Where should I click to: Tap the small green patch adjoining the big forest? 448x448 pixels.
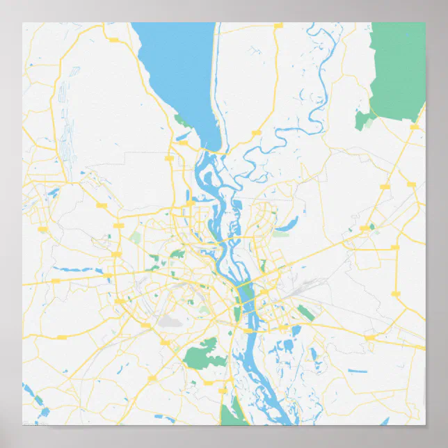tap(362, 120)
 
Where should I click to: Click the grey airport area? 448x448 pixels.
tap(170, 321)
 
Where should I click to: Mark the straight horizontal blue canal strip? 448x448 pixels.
tap(358, 371)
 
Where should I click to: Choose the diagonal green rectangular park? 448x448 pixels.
tap(305, 312)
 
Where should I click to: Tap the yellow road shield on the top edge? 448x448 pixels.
tap(278, 26)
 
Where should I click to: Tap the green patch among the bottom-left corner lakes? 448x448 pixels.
tap(39, 401)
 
